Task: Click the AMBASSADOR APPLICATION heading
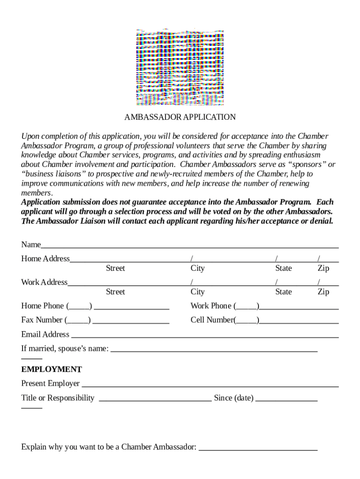click(180, 117)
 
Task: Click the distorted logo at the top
click(180, 67)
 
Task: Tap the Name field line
click(189, 247)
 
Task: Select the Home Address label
click(45, 259)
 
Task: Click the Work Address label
click(44, 282)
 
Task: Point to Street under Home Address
click(115, 269)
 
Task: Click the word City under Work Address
click(198, 292)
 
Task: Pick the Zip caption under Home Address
click(324, 269)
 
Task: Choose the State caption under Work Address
click(283, 292)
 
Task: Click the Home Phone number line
click(131, 309)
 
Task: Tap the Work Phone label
click(211, 306)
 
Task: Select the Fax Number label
click(42, 320)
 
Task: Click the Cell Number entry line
click(299, 323)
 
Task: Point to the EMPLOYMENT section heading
click(51, 370)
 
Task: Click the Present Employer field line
click(210, 386)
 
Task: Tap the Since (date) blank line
click(287, 401)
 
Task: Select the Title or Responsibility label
click(58, 398)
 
